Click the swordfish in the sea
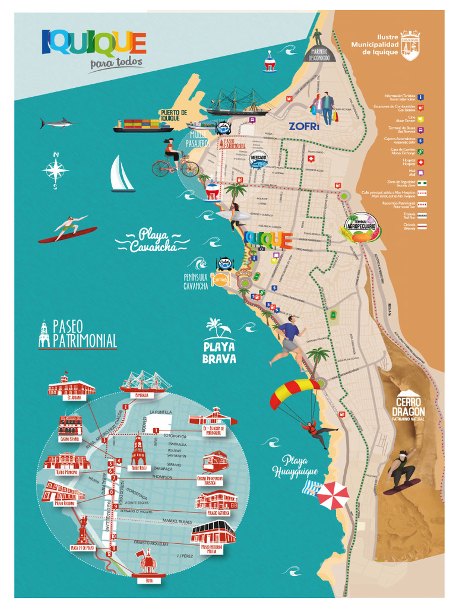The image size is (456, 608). click(59, 123)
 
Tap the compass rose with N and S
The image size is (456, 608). click(55, 170)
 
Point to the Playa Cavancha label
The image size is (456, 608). click(151, 240)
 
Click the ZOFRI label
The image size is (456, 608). click(304, 126)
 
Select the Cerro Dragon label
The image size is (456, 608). click(408, 408)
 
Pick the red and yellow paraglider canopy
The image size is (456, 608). click(293, 392)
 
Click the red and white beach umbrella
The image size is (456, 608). click(332, 494)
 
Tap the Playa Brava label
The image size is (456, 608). click(219, 353)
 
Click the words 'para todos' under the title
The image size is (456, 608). click(116, 63)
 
